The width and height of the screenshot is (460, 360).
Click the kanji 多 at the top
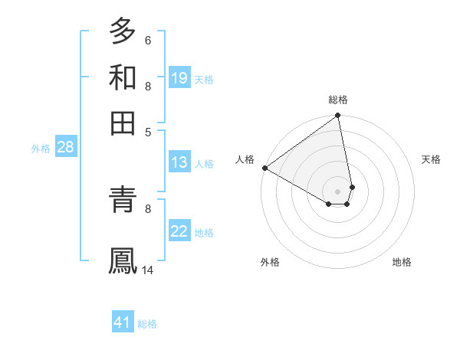pos(123,31)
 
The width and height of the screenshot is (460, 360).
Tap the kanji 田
pos(123,122)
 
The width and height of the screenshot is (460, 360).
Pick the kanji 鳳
pos(123,260)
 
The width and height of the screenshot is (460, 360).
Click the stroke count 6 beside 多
pos(147,41)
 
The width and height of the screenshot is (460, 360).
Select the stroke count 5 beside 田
pos(148,131)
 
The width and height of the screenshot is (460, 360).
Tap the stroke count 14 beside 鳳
pos(149,270)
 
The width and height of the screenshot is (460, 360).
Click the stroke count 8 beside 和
pos(148,86)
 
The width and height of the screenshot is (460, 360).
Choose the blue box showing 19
pos(179,78)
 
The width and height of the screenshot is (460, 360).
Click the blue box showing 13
pos(179,162)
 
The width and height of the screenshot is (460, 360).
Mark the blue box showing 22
pos(179,231)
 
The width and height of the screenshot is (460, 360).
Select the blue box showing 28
pos(65,147)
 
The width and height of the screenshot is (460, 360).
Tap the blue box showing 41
pos(123,322)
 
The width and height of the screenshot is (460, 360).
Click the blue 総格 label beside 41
pos(147,324)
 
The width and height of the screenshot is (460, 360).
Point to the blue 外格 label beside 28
pos(41,149)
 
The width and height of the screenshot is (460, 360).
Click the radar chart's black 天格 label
pos(431,159)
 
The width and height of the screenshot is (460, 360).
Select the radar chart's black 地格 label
pos(402,262)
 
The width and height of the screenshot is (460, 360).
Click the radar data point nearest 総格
pos(337,116)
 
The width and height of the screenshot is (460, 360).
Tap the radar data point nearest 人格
pos(264,168)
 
